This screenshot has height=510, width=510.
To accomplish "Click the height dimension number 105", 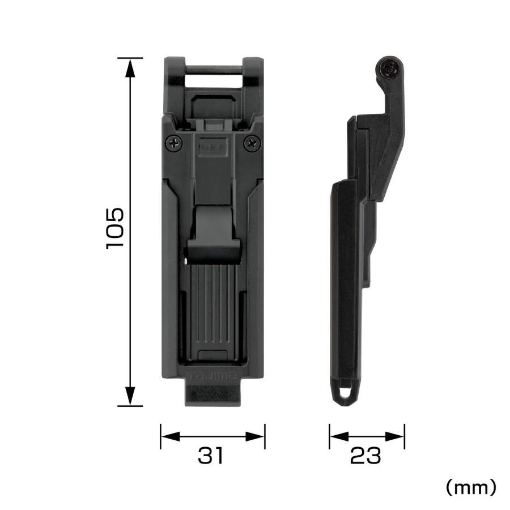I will [x=115, y=228].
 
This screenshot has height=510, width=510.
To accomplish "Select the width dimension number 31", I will [x=210, y=456].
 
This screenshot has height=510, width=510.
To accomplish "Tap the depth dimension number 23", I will [x=365, y=456].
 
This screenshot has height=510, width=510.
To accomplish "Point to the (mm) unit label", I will [x=471, y=486].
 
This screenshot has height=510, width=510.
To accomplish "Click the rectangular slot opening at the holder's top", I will [x=212, y=79].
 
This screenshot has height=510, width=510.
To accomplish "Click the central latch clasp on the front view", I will [x=212, y=232].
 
